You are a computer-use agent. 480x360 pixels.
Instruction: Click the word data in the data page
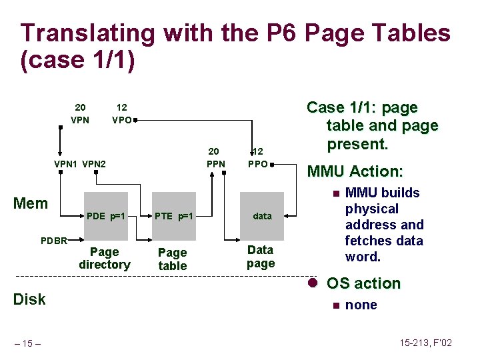262,216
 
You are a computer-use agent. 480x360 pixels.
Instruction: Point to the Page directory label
104,259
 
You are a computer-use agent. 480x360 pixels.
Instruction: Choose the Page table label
173,259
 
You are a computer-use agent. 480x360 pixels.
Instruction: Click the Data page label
260,257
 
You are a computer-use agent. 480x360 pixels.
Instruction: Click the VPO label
121,121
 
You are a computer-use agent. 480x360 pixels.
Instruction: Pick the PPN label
215,164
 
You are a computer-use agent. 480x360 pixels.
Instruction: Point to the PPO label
257,164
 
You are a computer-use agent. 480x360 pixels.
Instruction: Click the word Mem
31,203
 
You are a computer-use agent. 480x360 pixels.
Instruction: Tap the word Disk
29,299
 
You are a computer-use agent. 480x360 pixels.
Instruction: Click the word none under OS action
361,305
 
